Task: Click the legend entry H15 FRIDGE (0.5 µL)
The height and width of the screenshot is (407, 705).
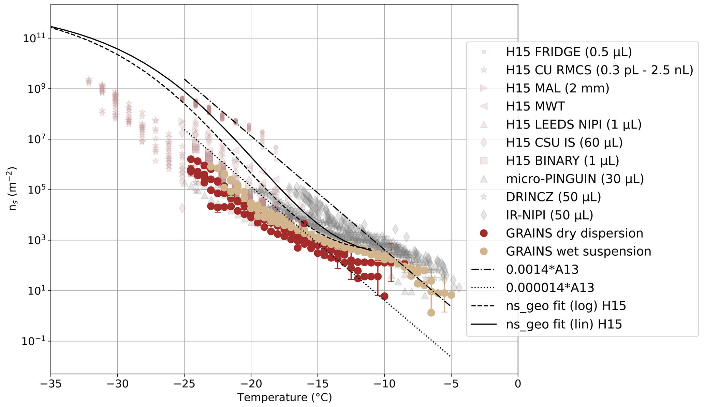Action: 569,52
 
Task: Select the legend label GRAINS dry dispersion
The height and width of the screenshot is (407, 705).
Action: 574,233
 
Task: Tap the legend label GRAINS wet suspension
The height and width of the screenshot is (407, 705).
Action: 578,252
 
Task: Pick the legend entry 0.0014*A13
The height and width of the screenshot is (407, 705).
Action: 542,270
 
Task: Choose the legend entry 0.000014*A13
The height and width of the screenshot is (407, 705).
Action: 550,288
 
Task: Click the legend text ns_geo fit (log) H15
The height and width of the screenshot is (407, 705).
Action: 566,306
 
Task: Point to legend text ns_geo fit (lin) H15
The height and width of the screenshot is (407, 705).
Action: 564,324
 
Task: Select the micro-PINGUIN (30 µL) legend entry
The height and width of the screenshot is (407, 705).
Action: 575,179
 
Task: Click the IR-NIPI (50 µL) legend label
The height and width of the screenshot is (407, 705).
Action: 549,215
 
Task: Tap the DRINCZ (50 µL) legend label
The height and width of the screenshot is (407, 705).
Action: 553,197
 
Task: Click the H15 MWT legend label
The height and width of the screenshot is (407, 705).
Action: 535,106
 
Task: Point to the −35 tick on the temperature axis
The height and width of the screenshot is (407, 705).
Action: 51,384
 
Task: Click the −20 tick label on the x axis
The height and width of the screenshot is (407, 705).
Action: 251,384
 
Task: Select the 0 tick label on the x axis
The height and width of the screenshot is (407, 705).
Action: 518,384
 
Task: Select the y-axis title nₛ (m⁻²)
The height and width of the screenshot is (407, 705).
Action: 13,189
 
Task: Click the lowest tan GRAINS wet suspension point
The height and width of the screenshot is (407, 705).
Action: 431,313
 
